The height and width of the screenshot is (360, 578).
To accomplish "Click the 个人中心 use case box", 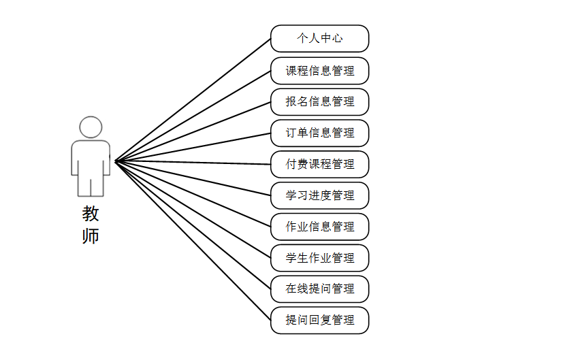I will coord(319,39).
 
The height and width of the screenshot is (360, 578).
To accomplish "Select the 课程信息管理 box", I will coord(319,71).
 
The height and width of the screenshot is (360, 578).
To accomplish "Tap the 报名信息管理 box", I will coord(319,102).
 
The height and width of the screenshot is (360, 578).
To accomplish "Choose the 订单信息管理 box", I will coord(319,133).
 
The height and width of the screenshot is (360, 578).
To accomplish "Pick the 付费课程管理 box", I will coord(319,164).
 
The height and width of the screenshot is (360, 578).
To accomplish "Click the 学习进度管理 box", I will coord(319,195).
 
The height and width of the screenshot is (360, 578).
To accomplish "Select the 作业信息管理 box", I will coord(319,227).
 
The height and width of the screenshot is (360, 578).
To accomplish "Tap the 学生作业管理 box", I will coord(319,258).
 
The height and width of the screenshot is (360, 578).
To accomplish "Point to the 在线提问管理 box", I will coord(319,289).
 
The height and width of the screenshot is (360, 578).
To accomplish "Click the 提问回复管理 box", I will coord(319,320).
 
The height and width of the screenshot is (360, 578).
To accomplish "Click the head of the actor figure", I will coord(91,127).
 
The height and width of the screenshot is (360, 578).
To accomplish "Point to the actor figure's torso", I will coord(91,157).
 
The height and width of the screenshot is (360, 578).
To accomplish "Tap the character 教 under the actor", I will coord(91,214).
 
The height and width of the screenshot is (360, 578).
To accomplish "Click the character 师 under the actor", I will coord(91,236).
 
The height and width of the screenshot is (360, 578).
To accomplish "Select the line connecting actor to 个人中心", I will coord(193,100).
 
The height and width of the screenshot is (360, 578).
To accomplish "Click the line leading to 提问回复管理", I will coord(193,241).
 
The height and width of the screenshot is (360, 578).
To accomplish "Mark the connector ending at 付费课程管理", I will coord(193,163).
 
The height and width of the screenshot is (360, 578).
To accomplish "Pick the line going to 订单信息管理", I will coord(193,147).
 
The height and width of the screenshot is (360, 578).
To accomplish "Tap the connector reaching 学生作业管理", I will coord(193,210).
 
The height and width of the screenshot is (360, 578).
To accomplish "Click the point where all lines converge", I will coord(115,161).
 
